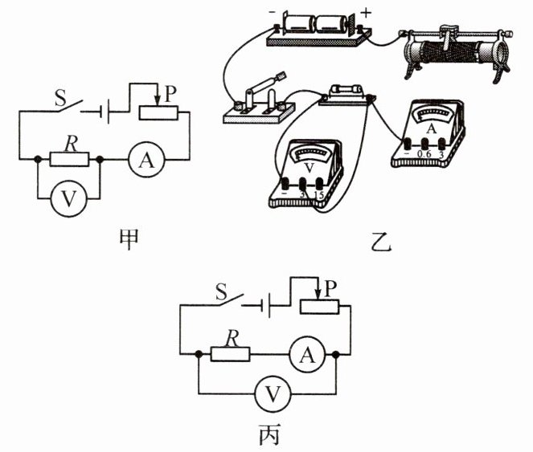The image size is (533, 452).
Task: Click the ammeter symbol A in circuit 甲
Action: click(146, 161)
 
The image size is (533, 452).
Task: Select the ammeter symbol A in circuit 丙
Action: click(302, 352)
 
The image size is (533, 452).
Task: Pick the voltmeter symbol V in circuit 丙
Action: click(273, 393)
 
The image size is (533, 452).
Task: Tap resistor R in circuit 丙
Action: click(230, 352)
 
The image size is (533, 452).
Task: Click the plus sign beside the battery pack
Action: click(367, 12)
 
